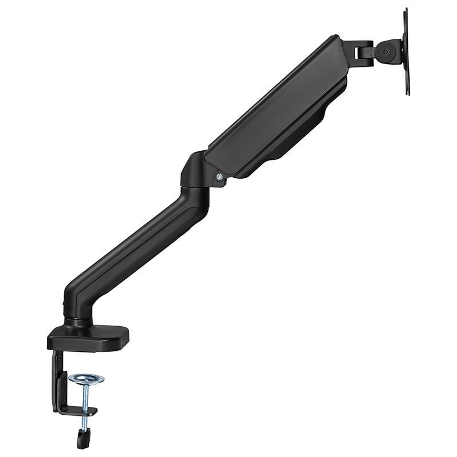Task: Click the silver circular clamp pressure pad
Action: [x=86, y=378]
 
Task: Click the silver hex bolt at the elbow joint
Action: [x=218, y=177]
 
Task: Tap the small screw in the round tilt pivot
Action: [x=387, y=51]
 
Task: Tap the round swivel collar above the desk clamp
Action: [x=78, y=320]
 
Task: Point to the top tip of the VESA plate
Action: [x=405, y=10]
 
